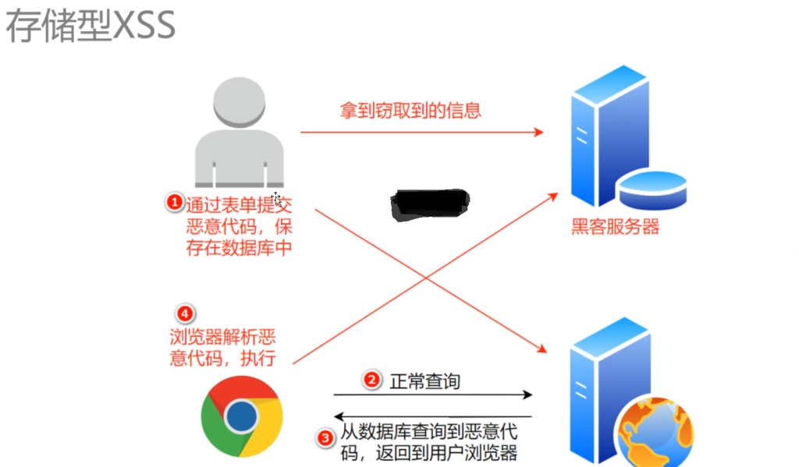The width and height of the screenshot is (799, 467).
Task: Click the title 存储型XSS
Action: [x=91, y=25]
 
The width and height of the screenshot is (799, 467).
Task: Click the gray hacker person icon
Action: [x=238, y=133]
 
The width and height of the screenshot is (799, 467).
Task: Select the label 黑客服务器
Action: [x=615, y=227]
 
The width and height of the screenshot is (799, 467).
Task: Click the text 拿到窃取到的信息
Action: [x=410, y=110]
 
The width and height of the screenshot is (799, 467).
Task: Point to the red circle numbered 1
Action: [x=174, y=203]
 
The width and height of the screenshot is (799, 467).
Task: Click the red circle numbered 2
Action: [x=372, y=380]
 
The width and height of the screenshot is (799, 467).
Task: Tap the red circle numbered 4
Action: [x=185, y=314]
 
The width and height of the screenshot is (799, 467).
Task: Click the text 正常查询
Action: [x=424, y=381]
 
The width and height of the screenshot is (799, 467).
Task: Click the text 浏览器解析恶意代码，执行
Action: [x=222, y=347]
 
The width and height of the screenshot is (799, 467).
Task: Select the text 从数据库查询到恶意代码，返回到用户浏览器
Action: [x=428, y=442]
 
